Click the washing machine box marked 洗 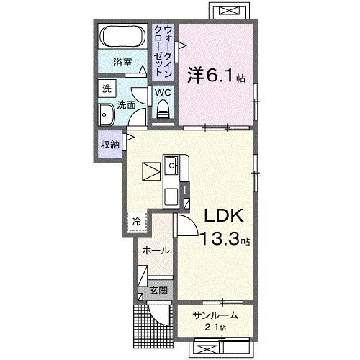coord(107,89)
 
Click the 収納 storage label coord(109,143)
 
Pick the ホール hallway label coord(156,251)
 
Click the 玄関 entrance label coord(158,291)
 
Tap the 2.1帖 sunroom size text coord(215,328)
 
